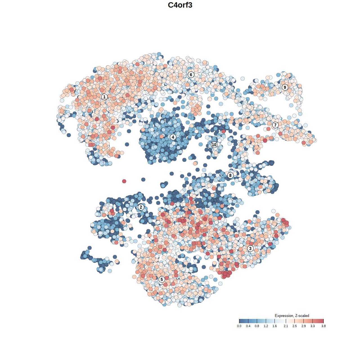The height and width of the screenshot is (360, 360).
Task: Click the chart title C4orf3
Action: (180, 5)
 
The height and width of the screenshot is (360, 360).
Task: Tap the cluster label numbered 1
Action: (104, 97)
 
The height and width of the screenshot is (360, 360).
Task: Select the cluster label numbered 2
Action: (141, 207)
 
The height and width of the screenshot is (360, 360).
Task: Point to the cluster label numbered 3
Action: (250, 248)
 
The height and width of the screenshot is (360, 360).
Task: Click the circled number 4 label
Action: (173, 137)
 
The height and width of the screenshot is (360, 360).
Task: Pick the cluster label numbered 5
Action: (162, 279)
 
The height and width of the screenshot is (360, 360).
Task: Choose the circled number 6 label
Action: (191, 75)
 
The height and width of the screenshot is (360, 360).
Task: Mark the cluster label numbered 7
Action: (275, 125)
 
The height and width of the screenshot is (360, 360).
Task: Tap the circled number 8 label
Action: (230, 175)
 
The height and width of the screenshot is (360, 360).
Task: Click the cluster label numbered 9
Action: (285, 87)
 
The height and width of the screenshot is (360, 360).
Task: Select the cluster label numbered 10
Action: (214, 145)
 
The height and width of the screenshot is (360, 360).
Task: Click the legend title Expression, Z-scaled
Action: (292, 316)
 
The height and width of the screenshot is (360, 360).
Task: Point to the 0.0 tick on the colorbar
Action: (239, 326)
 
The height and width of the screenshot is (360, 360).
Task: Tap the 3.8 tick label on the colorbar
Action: (323, 326)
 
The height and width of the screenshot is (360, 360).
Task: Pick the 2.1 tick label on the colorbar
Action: (286, 326)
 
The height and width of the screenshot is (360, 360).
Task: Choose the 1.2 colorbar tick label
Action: (266, 326)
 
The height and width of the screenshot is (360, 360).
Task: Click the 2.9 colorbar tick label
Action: (303, 326)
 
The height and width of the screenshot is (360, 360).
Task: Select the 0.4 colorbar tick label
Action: (248, 326)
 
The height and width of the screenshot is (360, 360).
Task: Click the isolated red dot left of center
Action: (124, 181)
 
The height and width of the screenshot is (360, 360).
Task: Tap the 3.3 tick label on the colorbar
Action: (312, 326)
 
